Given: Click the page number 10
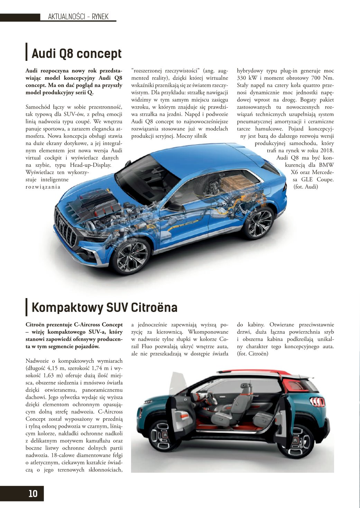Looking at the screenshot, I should (x=33, y=493).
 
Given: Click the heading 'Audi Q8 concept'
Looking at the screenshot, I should (x=77, y=54).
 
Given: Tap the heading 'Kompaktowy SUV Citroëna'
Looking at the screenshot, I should (x=104, y=307).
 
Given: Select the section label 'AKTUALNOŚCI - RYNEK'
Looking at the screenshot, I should (x=78, y=17).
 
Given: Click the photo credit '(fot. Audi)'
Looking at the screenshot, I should (x=306, y=187).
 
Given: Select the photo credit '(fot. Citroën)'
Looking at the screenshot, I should (x=252, y=354).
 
